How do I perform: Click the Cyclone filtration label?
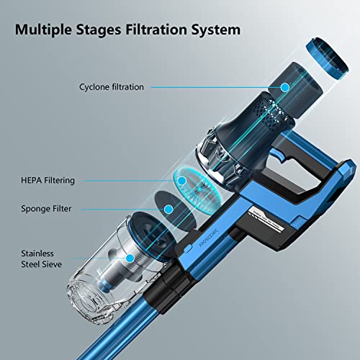point(112,87)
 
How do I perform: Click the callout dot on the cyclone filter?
point(285,88)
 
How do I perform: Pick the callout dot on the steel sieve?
point(130,257)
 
